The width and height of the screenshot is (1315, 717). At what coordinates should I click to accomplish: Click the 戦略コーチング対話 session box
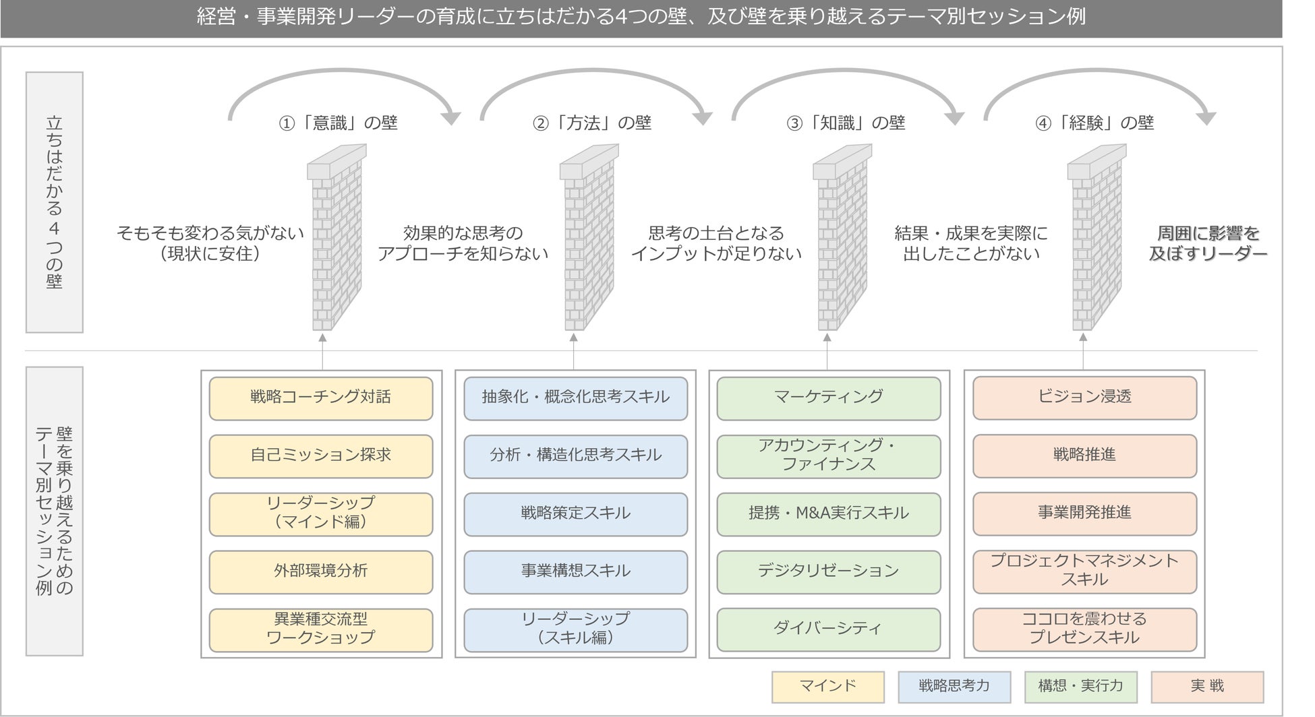320,398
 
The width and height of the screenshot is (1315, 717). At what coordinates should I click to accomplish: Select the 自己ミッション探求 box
320,456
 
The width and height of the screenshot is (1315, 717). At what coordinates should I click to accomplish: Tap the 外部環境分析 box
320,571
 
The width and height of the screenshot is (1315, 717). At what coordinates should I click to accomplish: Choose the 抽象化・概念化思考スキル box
575,398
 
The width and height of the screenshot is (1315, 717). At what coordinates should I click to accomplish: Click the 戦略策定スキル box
575,513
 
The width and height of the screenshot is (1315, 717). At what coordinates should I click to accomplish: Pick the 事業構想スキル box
575,571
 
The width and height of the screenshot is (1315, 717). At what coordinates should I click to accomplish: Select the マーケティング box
828,398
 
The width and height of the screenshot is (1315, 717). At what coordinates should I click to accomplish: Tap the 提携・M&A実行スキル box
828,513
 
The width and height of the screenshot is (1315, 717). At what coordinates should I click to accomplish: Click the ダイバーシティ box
828,629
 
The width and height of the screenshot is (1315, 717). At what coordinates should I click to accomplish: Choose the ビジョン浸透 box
1084,398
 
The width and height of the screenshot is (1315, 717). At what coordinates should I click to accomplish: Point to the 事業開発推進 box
1084,513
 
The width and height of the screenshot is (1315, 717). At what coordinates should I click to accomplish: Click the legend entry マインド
827,687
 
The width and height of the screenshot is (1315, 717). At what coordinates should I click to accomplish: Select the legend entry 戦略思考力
954,687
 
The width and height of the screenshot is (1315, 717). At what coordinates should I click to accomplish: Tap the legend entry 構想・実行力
1080,687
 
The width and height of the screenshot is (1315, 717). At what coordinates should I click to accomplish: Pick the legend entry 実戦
1207,687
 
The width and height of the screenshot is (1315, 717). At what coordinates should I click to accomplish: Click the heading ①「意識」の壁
339,123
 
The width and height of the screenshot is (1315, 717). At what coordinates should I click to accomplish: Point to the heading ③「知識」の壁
846,123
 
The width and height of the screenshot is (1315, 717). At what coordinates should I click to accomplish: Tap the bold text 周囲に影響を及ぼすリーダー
1208,243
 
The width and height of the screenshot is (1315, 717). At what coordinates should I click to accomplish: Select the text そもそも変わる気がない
210,233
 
